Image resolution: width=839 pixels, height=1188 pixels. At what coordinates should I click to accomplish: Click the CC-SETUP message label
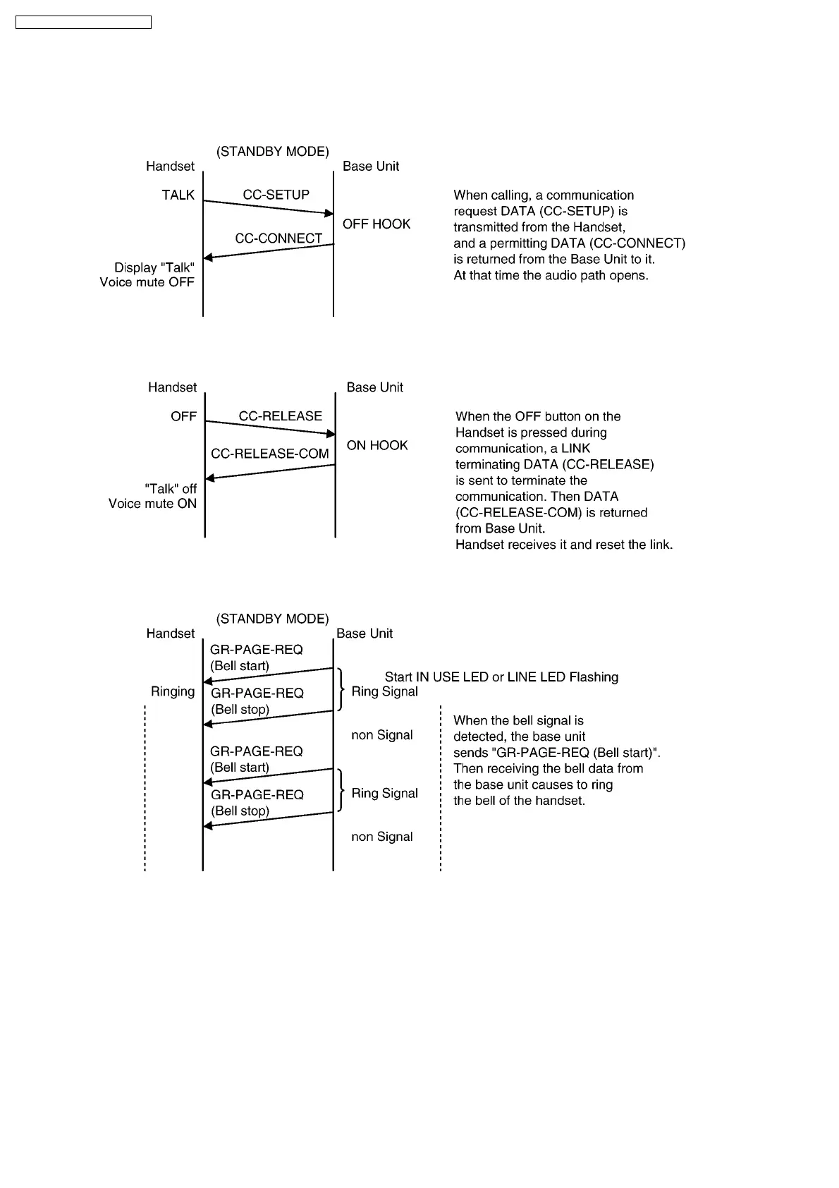276,195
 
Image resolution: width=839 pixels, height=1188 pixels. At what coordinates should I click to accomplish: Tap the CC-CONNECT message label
278,238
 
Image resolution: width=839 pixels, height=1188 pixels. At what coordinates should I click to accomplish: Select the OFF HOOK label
376,224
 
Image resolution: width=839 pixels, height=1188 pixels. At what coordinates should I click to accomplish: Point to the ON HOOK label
377,445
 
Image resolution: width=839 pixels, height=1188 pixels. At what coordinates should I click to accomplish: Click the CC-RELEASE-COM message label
270,454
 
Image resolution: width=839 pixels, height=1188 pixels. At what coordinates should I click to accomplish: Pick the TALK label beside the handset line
178,195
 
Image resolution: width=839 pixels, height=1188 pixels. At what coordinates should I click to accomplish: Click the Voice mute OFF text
147,282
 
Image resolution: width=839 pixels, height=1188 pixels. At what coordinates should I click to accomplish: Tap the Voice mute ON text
152,504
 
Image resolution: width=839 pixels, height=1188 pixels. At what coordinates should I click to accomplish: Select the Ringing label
173,691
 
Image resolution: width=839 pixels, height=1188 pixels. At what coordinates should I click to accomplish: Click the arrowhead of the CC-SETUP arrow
329,213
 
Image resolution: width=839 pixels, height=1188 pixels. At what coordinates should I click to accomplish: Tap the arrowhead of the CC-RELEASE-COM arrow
209,479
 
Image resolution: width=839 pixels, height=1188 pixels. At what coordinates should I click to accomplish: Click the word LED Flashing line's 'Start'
398,677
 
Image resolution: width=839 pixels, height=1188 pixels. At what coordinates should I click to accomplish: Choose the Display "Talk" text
154,267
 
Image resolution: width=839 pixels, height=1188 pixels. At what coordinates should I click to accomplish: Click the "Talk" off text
171,488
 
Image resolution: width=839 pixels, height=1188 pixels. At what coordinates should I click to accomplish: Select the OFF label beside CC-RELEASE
183,416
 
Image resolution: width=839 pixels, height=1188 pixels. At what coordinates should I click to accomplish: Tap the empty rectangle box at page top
83,23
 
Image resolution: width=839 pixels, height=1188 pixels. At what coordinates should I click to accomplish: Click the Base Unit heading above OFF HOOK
371,166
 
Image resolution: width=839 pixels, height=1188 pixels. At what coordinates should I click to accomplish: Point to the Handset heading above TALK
170,166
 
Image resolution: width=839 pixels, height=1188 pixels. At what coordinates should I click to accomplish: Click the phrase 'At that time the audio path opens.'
551,276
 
